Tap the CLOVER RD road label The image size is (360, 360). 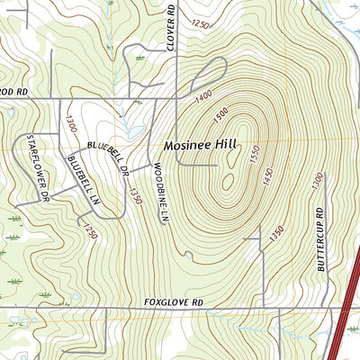(x=170, y=24)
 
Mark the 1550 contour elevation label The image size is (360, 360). (x=255, y=156)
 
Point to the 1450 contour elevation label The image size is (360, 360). (x=267, y=182)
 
